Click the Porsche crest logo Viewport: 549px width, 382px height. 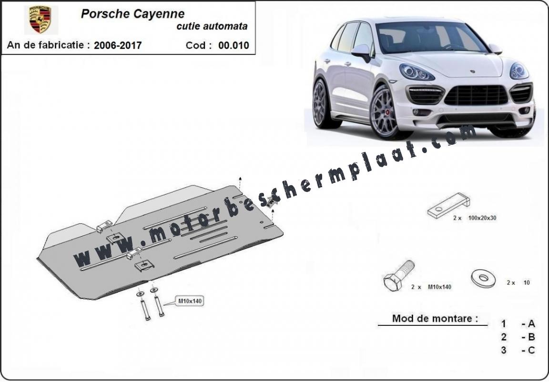tap(40, 19)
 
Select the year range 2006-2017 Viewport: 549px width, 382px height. tap(118, 45)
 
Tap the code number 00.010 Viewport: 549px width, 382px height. tap(234, 45)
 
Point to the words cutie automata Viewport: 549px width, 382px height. tap(212, 26)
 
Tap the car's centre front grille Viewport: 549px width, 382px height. tap(476, 95)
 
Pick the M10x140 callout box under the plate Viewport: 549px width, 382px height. tap(189, 301)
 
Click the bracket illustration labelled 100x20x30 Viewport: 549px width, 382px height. tap(448, 205)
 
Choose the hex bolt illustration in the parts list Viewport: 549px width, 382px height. tap(399, 276)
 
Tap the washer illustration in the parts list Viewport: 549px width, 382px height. tap(484, 278)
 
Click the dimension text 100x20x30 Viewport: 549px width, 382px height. tap(482, 218)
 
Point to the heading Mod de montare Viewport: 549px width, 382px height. tap(435, 319)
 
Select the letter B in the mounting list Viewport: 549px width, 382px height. tap(531, 337)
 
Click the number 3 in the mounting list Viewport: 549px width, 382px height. tap(503, 350)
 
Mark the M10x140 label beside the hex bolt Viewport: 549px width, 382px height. tap(439, 287)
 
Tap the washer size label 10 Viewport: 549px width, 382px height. tap(527, 282)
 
